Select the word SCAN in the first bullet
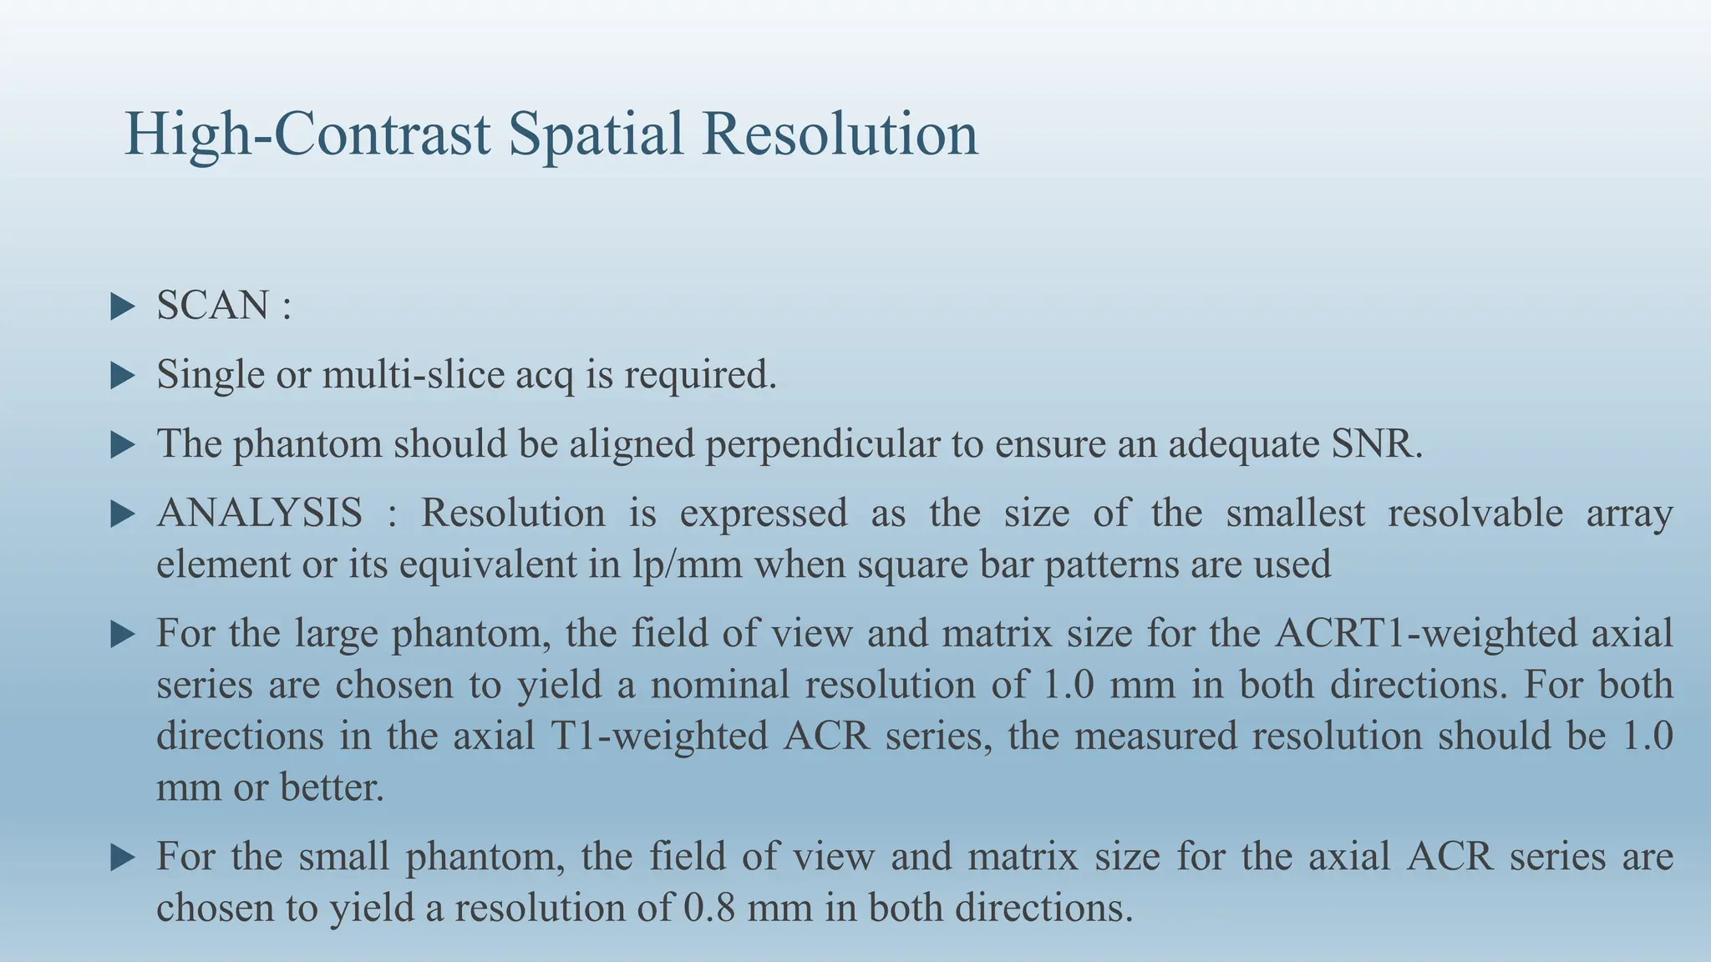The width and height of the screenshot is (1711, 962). click(212, 306)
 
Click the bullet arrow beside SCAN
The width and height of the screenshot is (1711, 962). click(122, 306)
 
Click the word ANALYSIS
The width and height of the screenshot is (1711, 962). click(260, 513)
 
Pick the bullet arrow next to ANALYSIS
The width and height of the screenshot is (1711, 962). click(122, 514)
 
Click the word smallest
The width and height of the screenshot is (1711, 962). click(1295, 513)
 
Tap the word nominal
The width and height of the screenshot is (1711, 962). click(719, 685)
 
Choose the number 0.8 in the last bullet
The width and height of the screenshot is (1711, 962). click(708, 908)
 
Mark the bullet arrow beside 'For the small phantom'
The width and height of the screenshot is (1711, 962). click(122, 857)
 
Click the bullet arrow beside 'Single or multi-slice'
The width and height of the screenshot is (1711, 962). click(122, 376)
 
